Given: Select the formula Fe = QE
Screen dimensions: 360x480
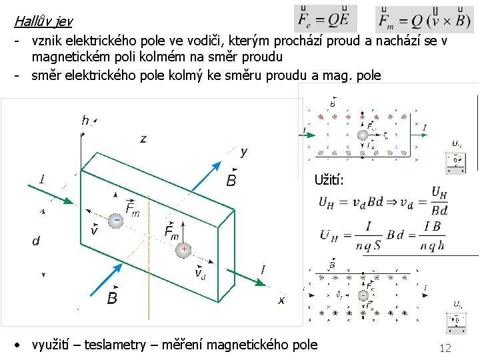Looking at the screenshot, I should point(325,18).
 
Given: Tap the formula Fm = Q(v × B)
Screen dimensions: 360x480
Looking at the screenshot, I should point(425,19).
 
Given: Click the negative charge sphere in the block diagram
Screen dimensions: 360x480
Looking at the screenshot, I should point(116,221).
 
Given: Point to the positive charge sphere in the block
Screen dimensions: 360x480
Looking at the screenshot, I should point(183,249).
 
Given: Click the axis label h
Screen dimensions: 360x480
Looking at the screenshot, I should point(85,121).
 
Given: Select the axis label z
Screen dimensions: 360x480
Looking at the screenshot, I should point(143,139).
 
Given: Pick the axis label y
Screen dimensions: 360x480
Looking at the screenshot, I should point(243,152).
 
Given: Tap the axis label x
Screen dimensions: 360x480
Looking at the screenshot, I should point(281,301).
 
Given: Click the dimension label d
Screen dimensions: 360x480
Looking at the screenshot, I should point(36,241).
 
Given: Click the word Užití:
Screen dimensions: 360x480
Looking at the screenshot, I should point(329,180).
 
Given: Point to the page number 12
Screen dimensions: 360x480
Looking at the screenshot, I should point(445,347).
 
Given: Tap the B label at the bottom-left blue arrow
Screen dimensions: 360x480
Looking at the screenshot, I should point(112,297).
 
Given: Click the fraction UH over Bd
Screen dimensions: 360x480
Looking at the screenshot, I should point(439,201).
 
